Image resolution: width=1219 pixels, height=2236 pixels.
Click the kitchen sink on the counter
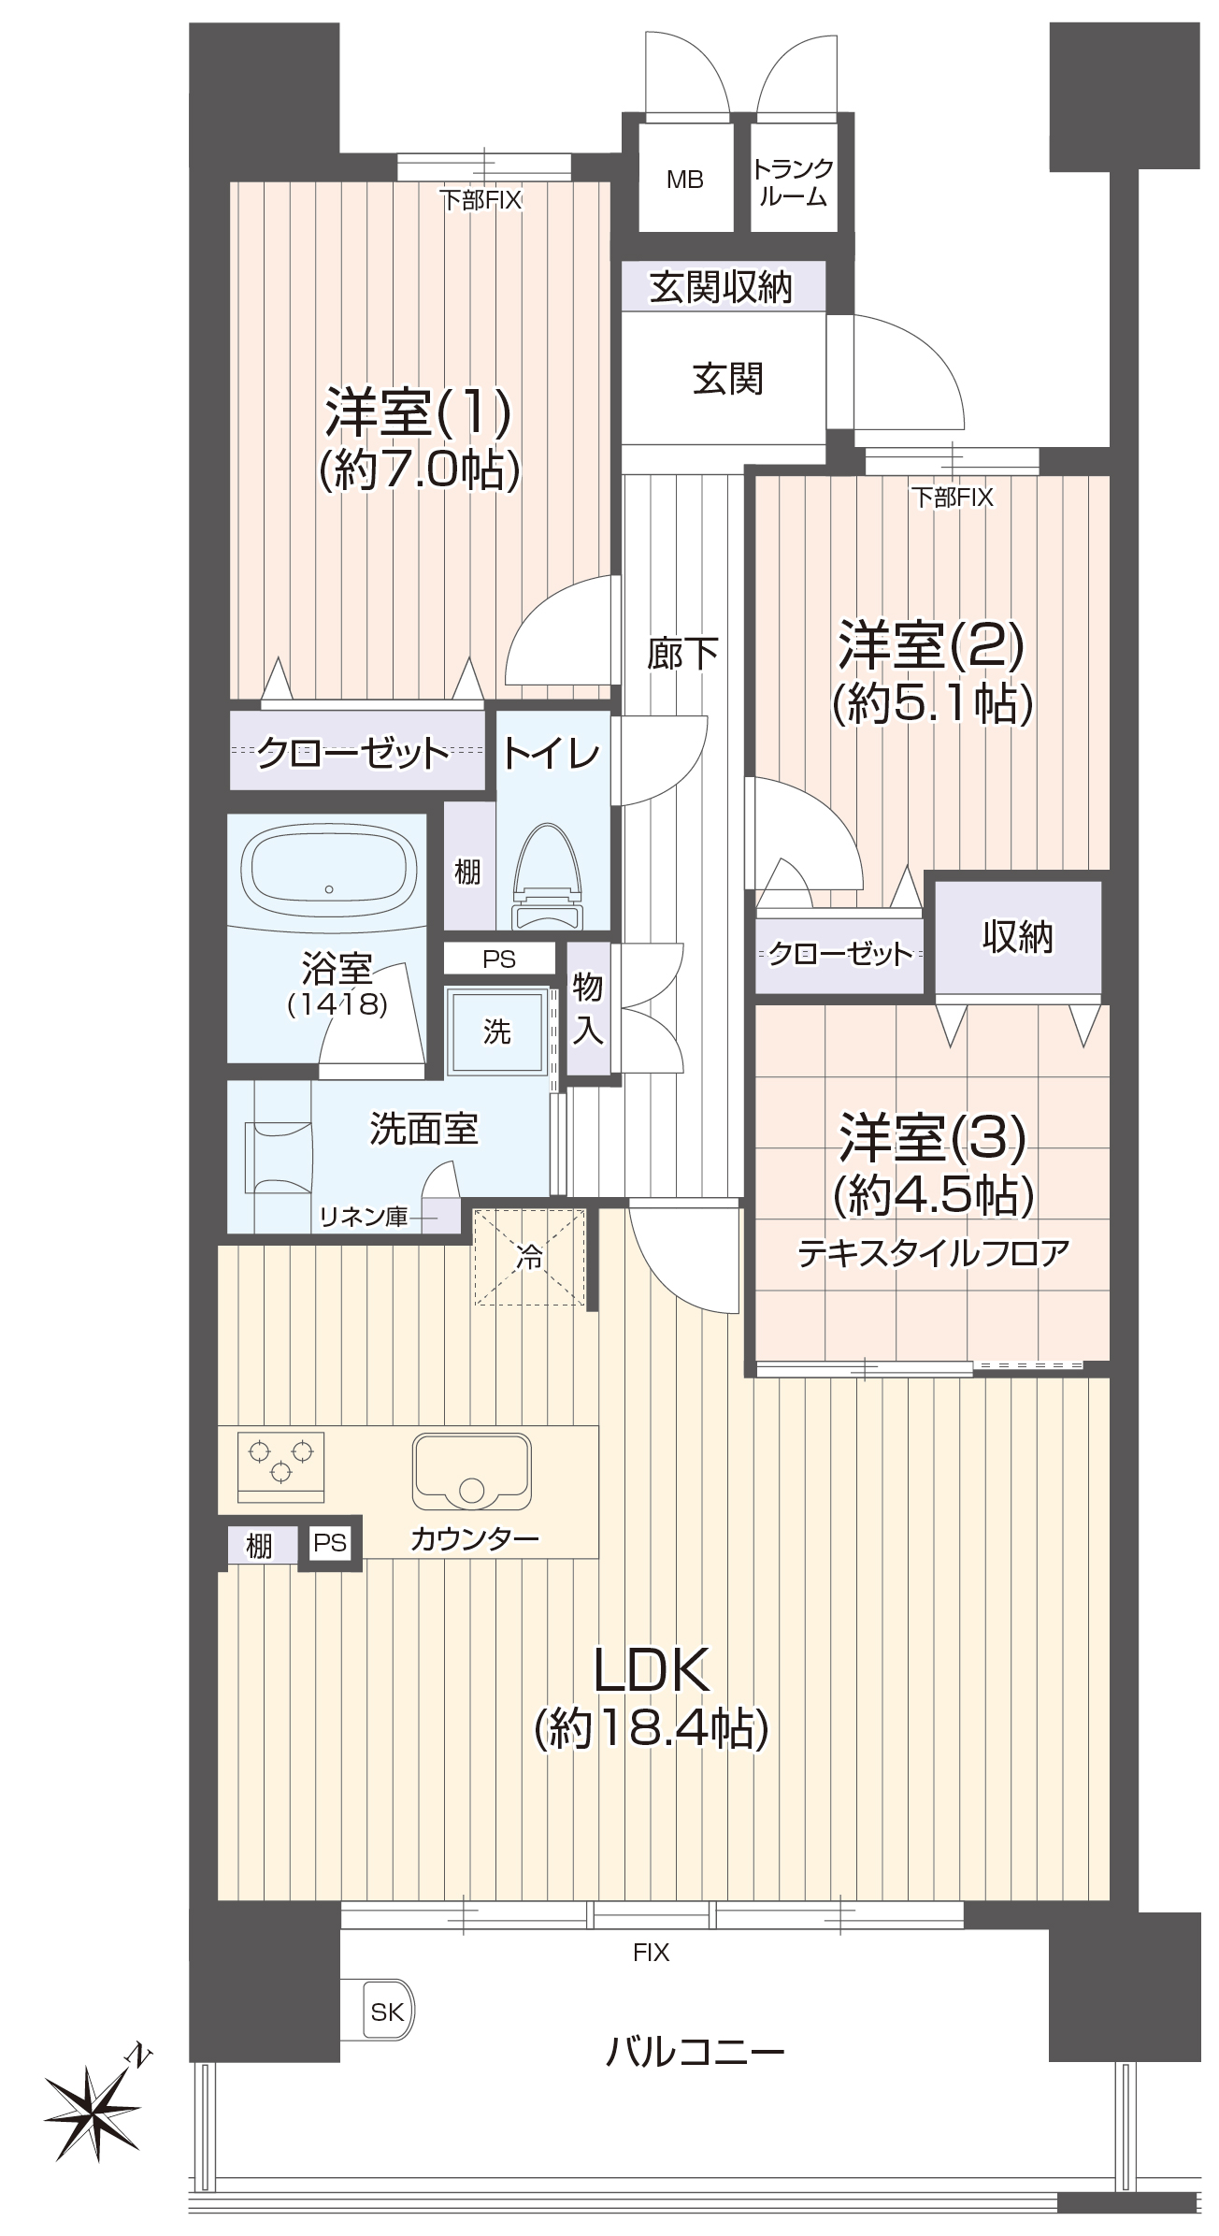click(471, 1470)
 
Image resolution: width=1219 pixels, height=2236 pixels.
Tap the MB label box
click(684, 180)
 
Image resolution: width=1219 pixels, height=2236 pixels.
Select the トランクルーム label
click(792, 182)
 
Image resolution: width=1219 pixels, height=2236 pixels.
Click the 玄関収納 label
click(721, 287)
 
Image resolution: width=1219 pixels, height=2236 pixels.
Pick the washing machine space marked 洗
click(496, 1031)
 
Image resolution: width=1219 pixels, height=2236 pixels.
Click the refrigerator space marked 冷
click(529, 1257)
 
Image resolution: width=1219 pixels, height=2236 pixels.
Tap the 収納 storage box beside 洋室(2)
click(1017, 937)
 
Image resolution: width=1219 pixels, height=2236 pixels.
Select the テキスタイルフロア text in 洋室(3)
click(932, 1253)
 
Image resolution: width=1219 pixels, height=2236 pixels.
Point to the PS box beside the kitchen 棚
click(329, 1542)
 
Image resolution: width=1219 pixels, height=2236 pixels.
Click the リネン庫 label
click(364, 1217)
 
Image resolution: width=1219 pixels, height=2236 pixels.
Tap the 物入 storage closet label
click(587, 1008)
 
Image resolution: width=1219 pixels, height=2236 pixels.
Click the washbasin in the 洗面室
click(278, 1157)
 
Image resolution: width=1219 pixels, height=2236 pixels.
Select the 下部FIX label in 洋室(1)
click(480, 199)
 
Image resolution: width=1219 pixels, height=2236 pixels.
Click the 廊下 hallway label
click(682, 653)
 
